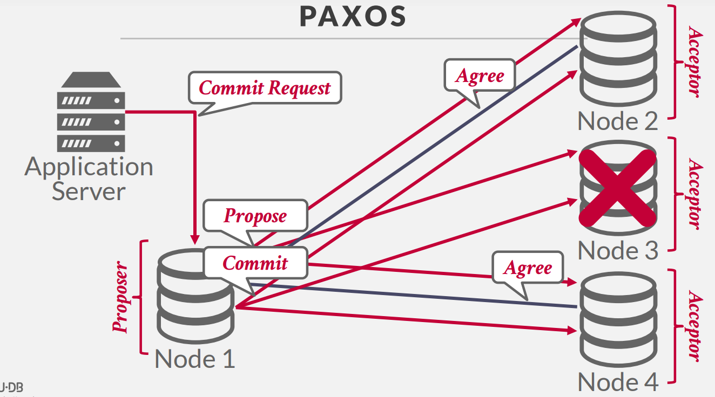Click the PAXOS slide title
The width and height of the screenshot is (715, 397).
pos(353,17)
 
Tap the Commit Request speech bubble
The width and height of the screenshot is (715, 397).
pos(265,87)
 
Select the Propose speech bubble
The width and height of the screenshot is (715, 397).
pos(255,216)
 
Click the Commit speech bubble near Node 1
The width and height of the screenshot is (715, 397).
pos(255,263)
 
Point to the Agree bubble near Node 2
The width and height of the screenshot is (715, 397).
pos(480,76)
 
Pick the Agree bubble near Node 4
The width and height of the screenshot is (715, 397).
pos(528,268)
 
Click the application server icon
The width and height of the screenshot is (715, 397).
pos(91,112)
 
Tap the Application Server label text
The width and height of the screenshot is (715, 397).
pos(89,179)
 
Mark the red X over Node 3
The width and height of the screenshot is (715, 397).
pos(618,188)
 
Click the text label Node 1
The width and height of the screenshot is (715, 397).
pos(195,359)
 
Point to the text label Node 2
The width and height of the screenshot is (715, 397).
pos(618,121)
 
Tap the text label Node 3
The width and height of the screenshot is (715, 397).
pos(618,251)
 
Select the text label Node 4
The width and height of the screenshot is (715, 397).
pos(618,382)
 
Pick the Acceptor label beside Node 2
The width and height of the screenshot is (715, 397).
pos(695,62)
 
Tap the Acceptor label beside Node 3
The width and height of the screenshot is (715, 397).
pos(695,194)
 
